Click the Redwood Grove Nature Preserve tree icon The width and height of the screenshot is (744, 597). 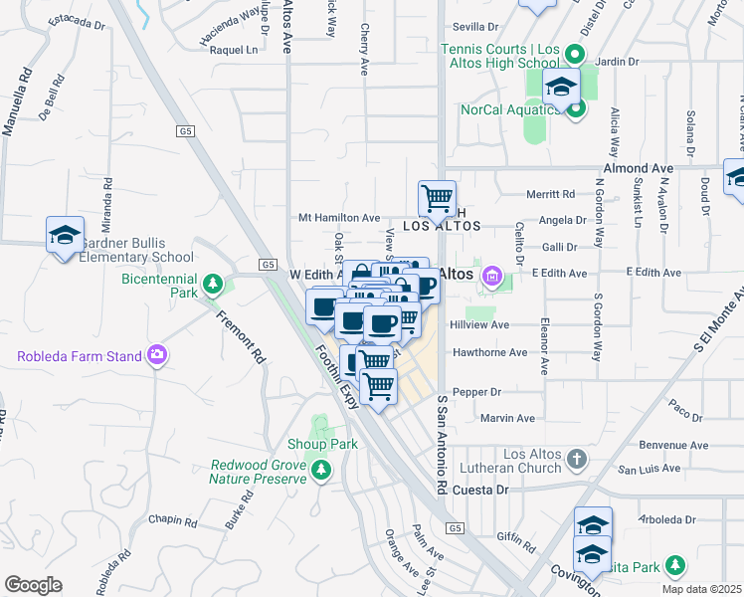[x=320, y=471]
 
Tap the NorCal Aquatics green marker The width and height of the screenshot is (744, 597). [x=576, y=109]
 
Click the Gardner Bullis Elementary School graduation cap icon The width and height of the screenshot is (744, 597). [x=65, y=235]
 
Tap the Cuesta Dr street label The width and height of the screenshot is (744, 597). [x=480, y=490]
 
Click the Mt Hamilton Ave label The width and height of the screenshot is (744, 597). [x=339, y=217]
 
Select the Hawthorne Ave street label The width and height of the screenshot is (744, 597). [x=489, y=352]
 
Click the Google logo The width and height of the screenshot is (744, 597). [x=33, y=585]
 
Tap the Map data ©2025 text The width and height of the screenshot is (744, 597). [x=701, y=589]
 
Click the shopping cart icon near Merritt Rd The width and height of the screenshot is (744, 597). [x=437, y=198]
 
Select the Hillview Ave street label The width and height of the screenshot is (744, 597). [x=479, y=324]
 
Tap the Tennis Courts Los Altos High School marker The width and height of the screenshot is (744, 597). [x=574, y=56]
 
